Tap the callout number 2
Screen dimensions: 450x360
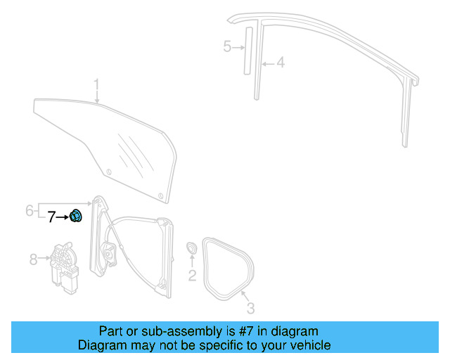click(x=192, y=276)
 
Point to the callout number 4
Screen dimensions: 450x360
click(x=280, y=63)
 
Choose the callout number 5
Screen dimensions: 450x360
click(x=227, y=47)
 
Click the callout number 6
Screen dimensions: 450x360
click(x=30, y=210)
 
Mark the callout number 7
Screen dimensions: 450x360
click(x=51, y=217)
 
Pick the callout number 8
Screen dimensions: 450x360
click(x=32, y=259)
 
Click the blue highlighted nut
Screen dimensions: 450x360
click(x=77, y=217)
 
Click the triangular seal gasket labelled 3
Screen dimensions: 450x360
click(x=227, y=266)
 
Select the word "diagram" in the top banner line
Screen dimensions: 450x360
click(x=292, y=331)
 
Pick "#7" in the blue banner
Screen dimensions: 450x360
click(x=243, y=331)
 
